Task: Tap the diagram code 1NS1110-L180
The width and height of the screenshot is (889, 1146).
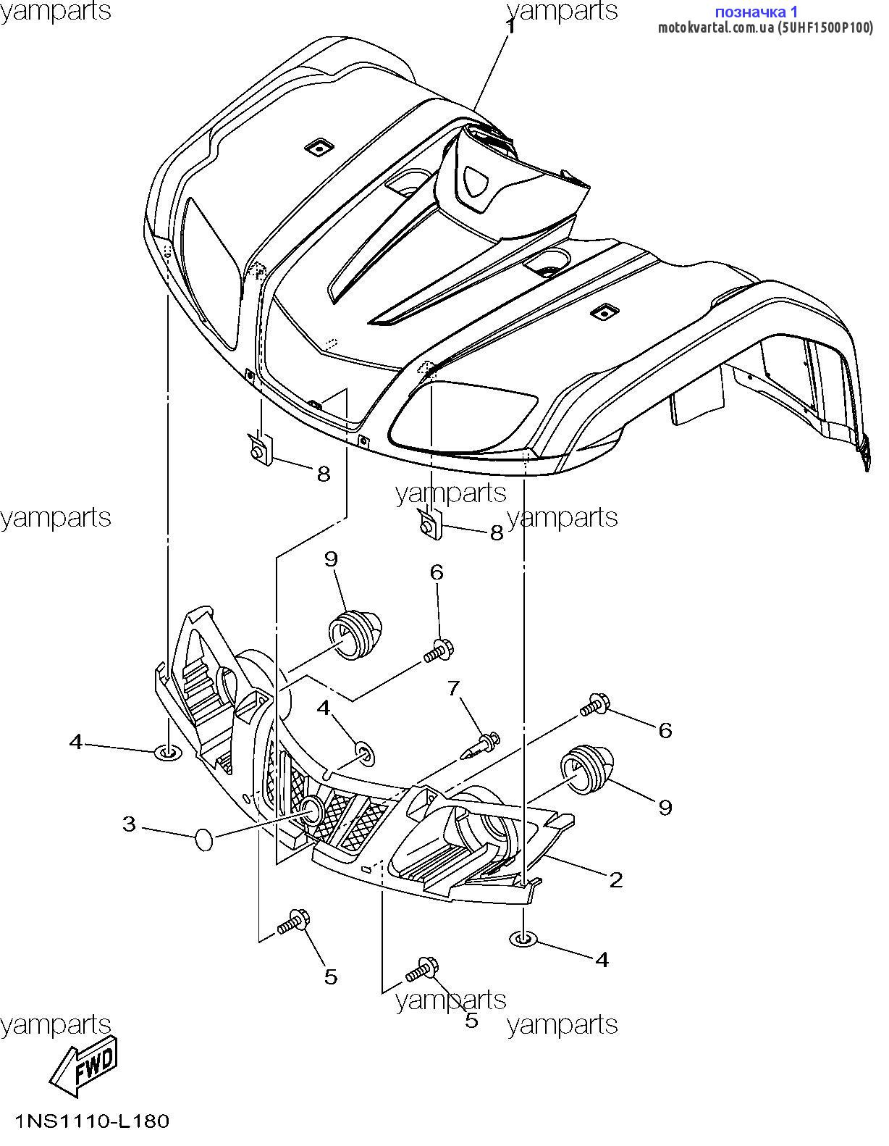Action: [92, 1122]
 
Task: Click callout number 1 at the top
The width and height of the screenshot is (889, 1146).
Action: [511, 28]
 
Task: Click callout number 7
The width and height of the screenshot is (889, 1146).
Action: [454, 688]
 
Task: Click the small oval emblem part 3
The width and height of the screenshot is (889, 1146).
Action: [204, 840]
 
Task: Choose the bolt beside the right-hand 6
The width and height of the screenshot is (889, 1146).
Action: [594, 704]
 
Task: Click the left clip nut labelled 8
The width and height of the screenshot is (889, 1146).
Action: [259, 450]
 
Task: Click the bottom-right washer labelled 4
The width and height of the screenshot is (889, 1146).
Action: [523, 940]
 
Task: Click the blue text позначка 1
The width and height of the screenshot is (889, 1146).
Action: [756, 12]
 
